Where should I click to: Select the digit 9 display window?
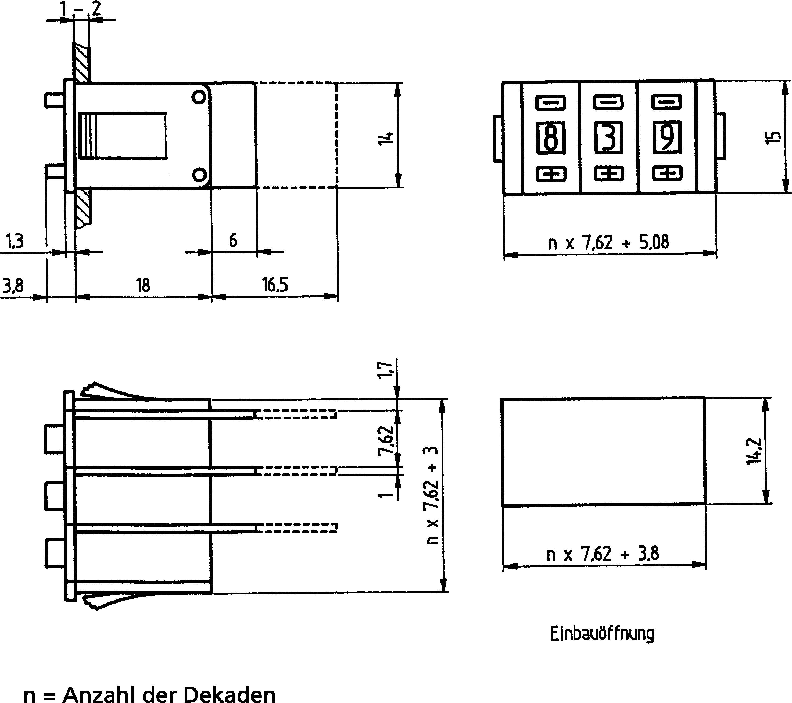pos(667,137)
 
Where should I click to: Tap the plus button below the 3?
pos(609,174)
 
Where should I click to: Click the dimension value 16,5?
pos(275,285)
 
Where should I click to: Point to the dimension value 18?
pos(143,285)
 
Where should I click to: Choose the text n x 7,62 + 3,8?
pos(603,554)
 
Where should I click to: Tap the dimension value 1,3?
pos(15,241)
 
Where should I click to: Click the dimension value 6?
pos(233,241)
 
